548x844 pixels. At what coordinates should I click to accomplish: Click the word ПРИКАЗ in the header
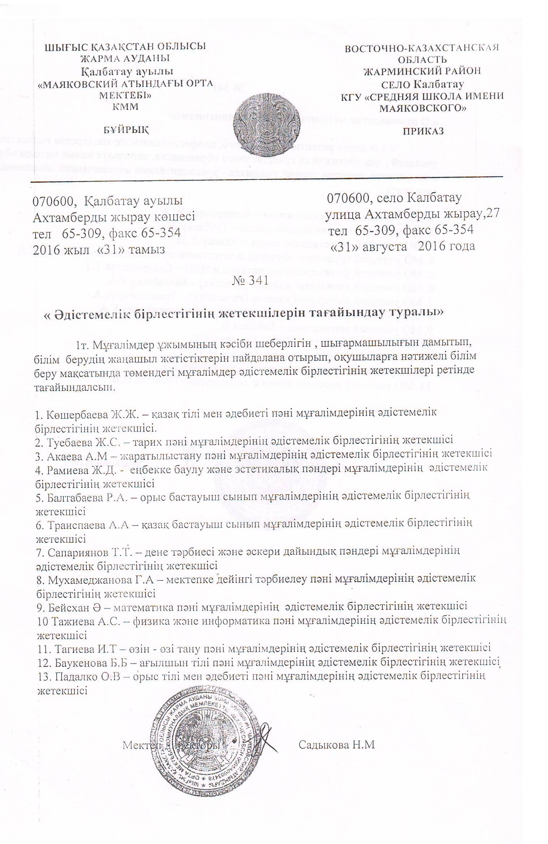[423, 131]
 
